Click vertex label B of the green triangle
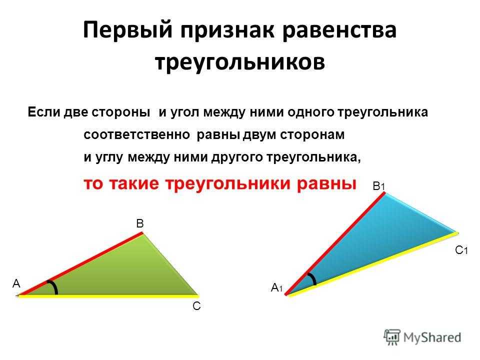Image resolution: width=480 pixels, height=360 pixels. pyautogui.click(x=140, y=223)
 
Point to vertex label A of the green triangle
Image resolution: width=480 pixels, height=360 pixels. pyautogui.click(x=16, y=284)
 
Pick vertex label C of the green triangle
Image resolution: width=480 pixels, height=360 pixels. pyautogui.click(x=196, y=306)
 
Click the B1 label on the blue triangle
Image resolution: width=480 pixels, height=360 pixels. pyautogui.click(x=378, y=186)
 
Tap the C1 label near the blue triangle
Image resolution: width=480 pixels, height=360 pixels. pyautogui.click(x=461, y=250)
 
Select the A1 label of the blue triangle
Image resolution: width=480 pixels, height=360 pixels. pyautogui.click(x=276, y=288)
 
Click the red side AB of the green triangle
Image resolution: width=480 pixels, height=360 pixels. pyautogui.click(x=80, y=264)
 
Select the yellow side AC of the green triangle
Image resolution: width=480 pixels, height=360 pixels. pyautogui.click(x=108, y=296)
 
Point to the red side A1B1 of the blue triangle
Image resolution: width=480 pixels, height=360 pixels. pyautogui.click(x=335, y=243)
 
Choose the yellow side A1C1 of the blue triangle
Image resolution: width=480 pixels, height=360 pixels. pyautogui.click(x=373, y=264)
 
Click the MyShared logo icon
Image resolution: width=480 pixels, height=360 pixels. pyautogui.click(x=392, y=337)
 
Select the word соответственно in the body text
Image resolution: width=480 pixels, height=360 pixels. pyautogui.click(x=136, y=134)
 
